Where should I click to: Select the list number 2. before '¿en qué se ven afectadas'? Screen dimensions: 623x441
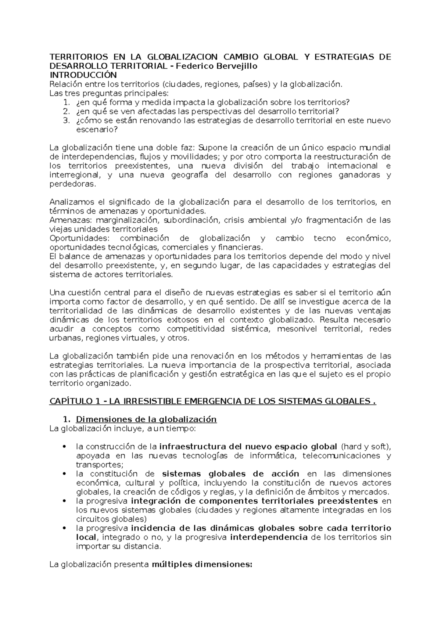pos(66,111)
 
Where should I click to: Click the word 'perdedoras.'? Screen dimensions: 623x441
pos(72,184)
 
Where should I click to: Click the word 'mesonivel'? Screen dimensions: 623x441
pos(297,329)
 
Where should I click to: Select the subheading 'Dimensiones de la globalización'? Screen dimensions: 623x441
pos(146,419)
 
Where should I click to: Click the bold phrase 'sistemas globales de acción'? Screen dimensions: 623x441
pos(230,473)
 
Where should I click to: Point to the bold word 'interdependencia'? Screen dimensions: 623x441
pos(269,537)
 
